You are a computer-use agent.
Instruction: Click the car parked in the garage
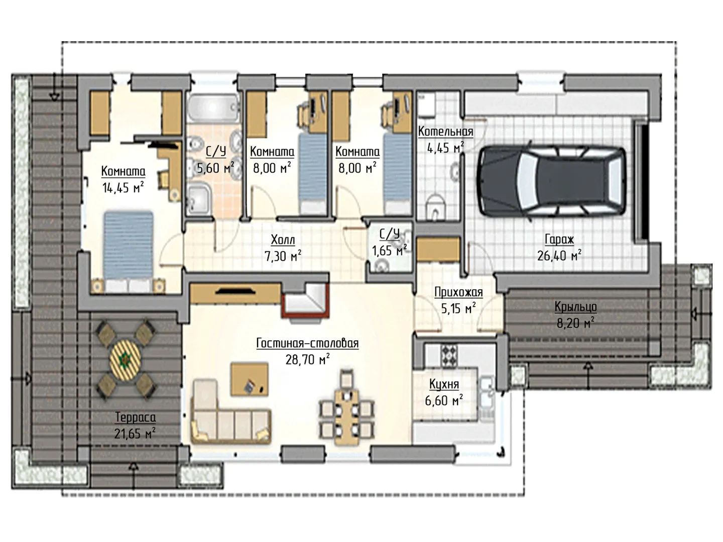552,181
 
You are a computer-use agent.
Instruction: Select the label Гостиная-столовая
307,343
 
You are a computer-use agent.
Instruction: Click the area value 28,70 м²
307,359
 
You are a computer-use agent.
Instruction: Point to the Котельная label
445,131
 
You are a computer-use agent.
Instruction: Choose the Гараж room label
559,239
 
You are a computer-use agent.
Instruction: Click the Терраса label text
136,417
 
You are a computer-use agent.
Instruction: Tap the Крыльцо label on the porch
575,307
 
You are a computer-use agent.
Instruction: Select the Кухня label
444,384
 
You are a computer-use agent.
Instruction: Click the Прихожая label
458,292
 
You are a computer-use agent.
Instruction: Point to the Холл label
283,240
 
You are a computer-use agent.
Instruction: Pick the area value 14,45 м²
123,188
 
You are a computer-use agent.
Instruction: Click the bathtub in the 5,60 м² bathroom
213,107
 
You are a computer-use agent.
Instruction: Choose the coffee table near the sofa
249,379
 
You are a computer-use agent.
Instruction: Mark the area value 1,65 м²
389,251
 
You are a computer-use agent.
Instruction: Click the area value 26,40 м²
559,256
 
